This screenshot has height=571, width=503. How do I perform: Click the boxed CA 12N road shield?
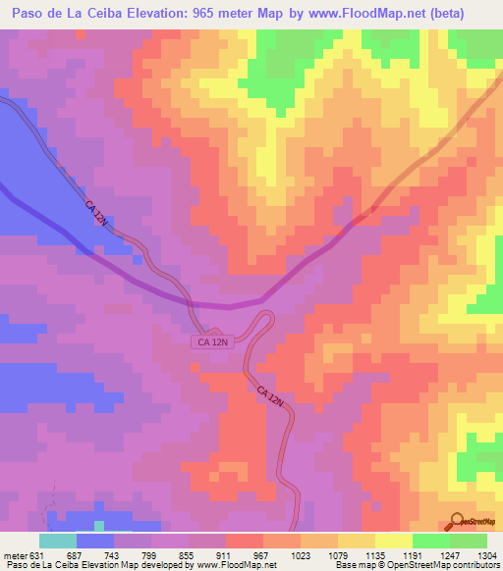pyautogui.click(x=211, y=341)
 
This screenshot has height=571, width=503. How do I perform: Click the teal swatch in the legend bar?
pyautogui.click(x=58, y=541)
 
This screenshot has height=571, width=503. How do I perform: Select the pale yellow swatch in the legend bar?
pyautogui.click(x=394, y=541)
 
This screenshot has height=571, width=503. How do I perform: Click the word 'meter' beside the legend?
pyautogui.click(x=17, y=555)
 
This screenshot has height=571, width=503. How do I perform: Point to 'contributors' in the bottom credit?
pyautogui.click(x=476, y=566)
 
